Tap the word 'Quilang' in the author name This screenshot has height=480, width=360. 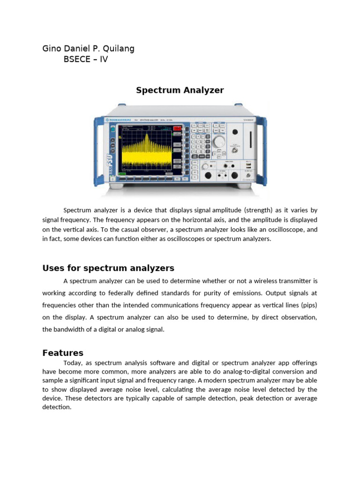click(x=117, y=49)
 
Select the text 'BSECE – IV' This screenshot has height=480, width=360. click(x=85, y=60)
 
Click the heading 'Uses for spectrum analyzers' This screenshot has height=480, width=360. click(x=108, y=268)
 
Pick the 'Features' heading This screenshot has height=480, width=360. click(x=63, y=353)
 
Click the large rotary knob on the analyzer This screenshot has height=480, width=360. click(x=218, y=141)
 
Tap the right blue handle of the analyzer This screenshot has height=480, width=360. click(x=264, y=150)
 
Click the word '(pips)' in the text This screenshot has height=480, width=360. click(x=307, y=305)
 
